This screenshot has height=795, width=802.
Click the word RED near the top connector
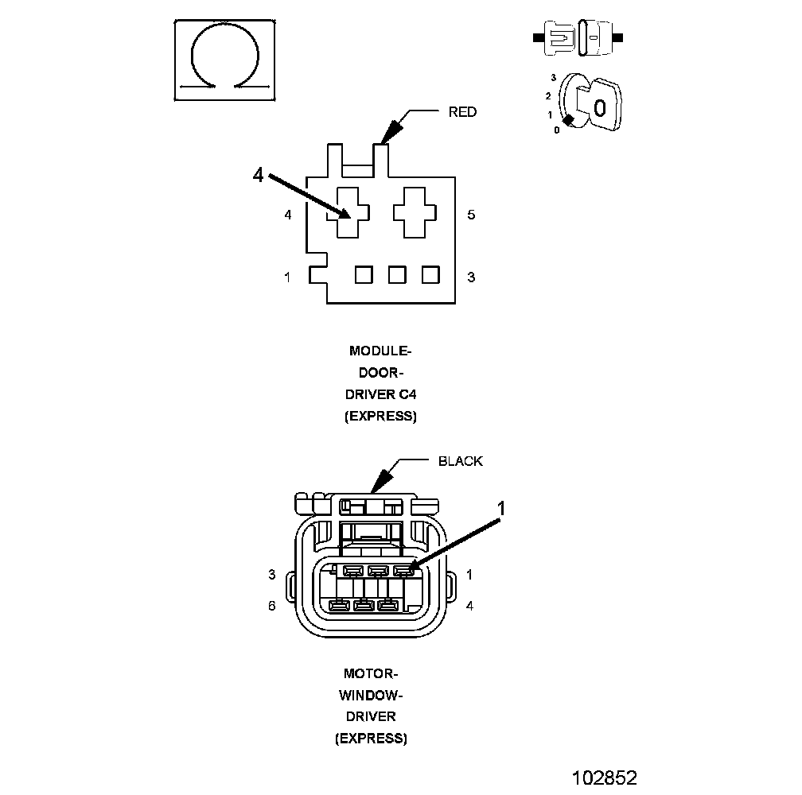coord(462,112)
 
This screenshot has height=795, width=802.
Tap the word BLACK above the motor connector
coord(460,461)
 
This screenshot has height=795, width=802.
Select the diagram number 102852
coord(605,777)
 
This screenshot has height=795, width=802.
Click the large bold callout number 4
coord(258,175)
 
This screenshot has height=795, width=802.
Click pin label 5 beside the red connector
coord(471,215)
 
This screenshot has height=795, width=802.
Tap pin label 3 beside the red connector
coord(471,277)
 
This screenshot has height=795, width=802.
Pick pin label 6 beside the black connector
coord(271,605)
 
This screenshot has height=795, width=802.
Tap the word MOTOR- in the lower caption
coord(371,673)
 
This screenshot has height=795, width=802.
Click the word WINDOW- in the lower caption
coord(371,695)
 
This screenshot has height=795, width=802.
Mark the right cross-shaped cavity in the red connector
coord(416,211)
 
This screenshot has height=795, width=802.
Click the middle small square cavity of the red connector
coord(397,274)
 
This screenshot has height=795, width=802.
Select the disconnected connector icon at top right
coord(578,37)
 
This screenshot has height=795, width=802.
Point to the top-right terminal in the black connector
coord(403,570)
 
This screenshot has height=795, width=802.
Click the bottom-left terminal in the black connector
coord(339,607)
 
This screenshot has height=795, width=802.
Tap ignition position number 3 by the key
coord(553,78)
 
